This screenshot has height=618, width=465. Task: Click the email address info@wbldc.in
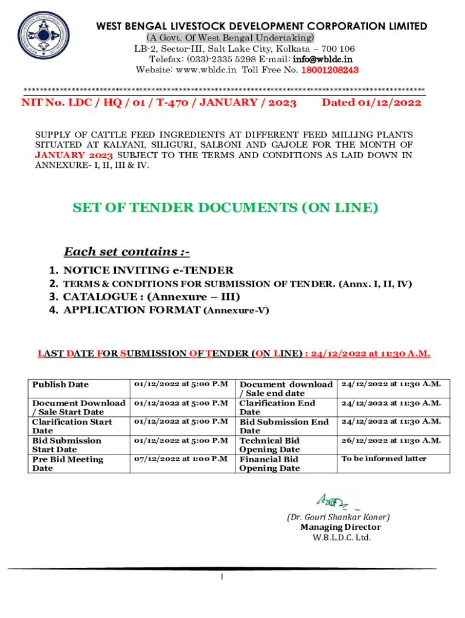pyautogui.click(x=322, y=59)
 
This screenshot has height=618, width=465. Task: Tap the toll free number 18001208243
pyautogui.click(x=327, y=70)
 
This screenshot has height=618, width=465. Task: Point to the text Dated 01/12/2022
pyautogui.click(x=371, y=103)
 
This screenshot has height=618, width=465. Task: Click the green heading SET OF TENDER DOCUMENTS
pyautogui.click(x=225, y=208)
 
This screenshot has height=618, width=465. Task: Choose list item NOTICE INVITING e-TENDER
pyautogui.click(x=148, y=270)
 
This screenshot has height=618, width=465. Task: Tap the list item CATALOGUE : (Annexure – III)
pyautogui.click(x=151, y=296)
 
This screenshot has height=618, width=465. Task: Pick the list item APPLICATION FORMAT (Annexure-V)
pyautogui.click(x=166, y=310)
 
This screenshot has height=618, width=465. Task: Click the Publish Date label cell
pyautogui.click(x=60, y=384)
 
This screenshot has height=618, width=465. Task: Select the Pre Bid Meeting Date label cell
pyautogui.click(x=67, y=463)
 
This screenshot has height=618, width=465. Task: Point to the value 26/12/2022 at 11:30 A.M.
pyautogui.click(x=391, y=441)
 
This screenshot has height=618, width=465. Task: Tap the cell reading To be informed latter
pyautogui.click(x=383, y=459)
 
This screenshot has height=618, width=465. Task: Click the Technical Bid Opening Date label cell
pyautogui.click(x=270, y=445)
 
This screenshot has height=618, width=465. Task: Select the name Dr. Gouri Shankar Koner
pyautogui.click(x=338, y=517)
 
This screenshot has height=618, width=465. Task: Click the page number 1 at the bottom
pyautogui.click(x=222, y=578)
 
